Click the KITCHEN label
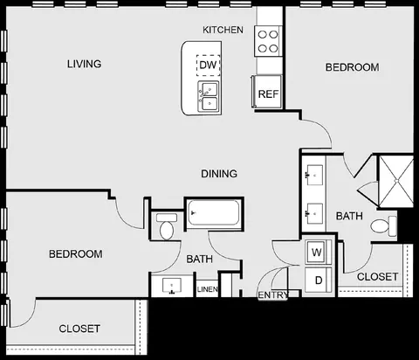pos(223,30)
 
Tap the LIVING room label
pos(85,64)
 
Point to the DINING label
pos(219,174)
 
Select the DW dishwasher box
pos(208,65)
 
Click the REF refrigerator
pos(267,92)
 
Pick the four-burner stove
pos(268,41)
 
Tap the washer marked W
pos(317,252)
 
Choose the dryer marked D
pos(318,280)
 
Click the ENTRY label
pos(273,295)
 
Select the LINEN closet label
pos(207,289)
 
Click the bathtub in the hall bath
pos(213,212)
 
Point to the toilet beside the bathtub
pos(167,226)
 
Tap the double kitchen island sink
pos(209,96)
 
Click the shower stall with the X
pos(396,181)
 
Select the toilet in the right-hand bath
pos(384,226)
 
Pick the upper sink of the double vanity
pos(314,175)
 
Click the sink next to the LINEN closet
pos(172,286)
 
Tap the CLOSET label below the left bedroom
pos(79,329)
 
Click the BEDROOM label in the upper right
pos(352,67)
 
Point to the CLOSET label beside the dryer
pos(377,277)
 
